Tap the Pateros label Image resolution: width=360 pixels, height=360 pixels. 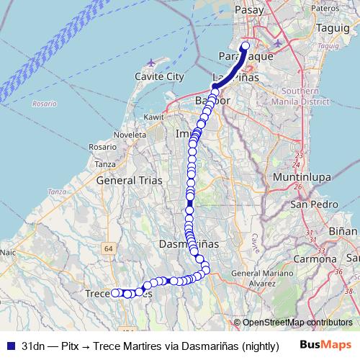[x=325, y=7]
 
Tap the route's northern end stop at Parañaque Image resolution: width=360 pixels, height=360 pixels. [x=245, y=46]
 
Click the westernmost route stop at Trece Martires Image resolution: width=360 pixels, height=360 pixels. [x=114, y=292]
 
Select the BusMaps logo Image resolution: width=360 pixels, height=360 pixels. [x=325, y=346]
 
